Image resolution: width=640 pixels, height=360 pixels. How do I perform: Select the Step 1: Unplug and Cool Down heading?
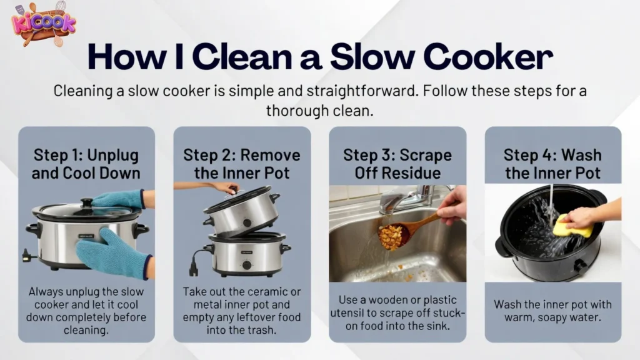86,164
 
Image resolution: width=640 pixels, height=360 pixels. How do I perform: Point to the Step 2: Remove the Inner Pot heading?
242,164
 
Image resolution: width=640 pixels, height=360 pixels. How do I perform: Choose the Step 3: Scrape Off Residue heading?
397,164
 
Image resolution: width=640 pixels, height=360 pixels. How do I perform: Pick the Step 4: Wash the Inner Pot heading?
553,164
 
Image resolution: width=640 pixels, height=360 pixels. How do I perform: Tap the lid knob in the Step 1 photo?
87,202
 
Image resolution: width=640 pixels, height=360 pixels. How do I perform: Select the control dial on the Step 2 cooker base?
246,264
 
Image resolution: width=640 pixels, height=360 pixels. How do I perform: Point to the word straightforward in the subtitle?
359,91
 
